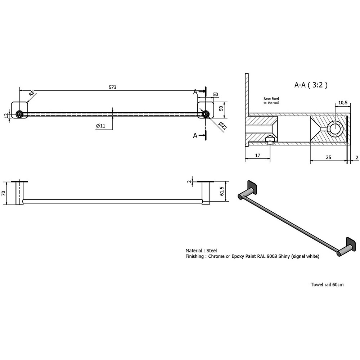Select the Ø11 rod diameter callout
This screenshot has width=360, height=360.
point(100,126)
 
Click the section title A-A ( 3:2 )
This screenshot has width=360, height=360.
point(311,85)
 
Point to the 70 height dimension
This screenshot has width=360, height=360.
point(4,193)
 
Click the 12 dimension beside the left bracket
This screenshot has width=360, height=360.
point(6,115)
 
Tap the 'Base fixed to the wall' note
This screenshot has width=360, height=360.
point(271,101)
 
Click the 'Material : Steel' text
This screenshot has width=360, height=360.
point(201,250)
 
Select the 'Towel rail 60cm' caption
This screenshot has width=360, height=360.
point(327,284)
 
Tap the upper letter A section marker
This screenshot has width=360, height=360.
point(195,92)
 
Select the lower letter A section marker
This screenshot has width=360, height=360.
point(195,135)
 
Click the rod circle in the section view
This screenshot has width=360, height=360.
point(336,129)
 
